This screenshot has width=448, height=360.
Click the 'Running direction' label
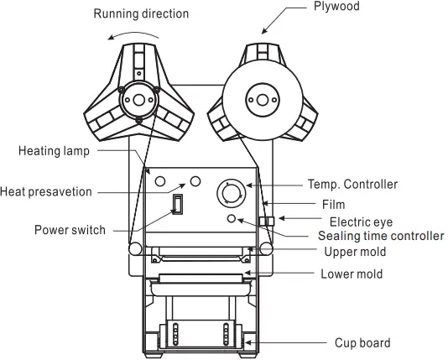pos(141,13)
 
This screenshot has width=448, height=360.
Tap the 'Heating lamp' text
pos(54,151)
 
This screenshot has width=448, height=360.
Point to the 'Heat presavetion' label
pos(47,191)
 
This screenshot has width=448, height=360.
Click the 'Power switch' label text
pos(70,230)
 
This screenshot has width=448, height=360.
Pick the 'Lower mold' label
pos(352,274)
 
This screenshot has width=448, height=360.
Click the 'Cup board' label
pos(362,342)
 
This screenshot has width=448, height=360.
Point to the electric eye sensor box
pos(269,222)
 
